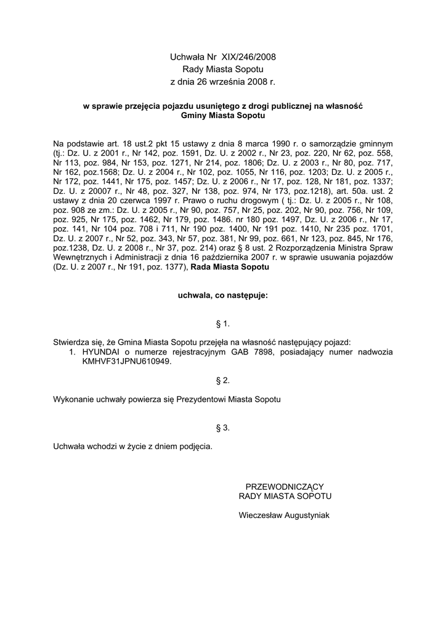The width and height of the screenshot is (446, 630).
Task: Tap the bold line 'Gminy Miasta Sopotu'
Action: (223, 115)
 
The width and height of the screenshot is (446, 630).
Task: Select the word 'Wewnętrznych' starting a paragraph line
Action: (79, 258)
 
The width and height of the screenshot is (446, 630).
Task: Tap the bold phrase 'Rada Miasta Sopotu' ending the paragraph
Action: (230, 268)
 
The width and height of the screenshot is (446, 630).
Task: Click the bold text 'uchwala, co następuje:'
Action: (223, 295)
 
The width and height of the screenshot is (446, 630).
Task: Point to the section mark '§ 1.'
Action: (223, 323)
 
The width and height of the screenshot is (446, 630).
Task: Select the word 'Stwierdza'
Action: (73, 342)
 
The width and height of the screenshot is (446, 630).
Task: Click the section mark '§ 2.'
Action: (223, 381)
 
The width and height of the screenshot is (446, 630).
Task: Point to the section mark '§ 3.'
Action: (223, 427)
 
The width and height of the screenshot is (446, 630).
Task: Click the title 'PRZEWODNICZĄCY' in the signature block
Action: (285, 486)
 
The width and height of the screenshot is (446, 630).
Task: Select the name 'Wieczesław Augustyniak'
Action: (285, 515)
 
